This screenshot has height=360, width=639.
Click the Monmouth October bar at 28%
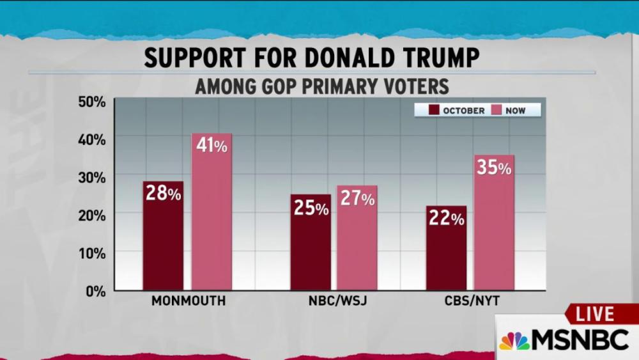point(163,236)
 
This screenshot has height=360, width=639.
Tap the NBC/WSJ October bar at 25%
point(311,242)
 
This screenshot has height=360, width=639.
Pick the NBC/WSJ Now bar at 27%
point(357,238)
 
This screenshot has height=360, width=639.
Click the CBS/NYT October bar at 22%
point(446,248)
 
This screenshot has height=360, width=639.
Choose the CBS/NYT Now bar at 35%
point(494,223)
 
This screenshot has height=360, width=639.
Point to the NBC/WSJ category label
point(334,301)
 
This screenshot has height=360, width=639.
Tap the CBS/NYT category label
point(470,301)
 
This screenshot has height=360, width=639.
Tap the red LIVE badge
point(594,314)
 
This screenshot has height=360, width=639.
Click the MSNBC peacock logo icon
point(514,340)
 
